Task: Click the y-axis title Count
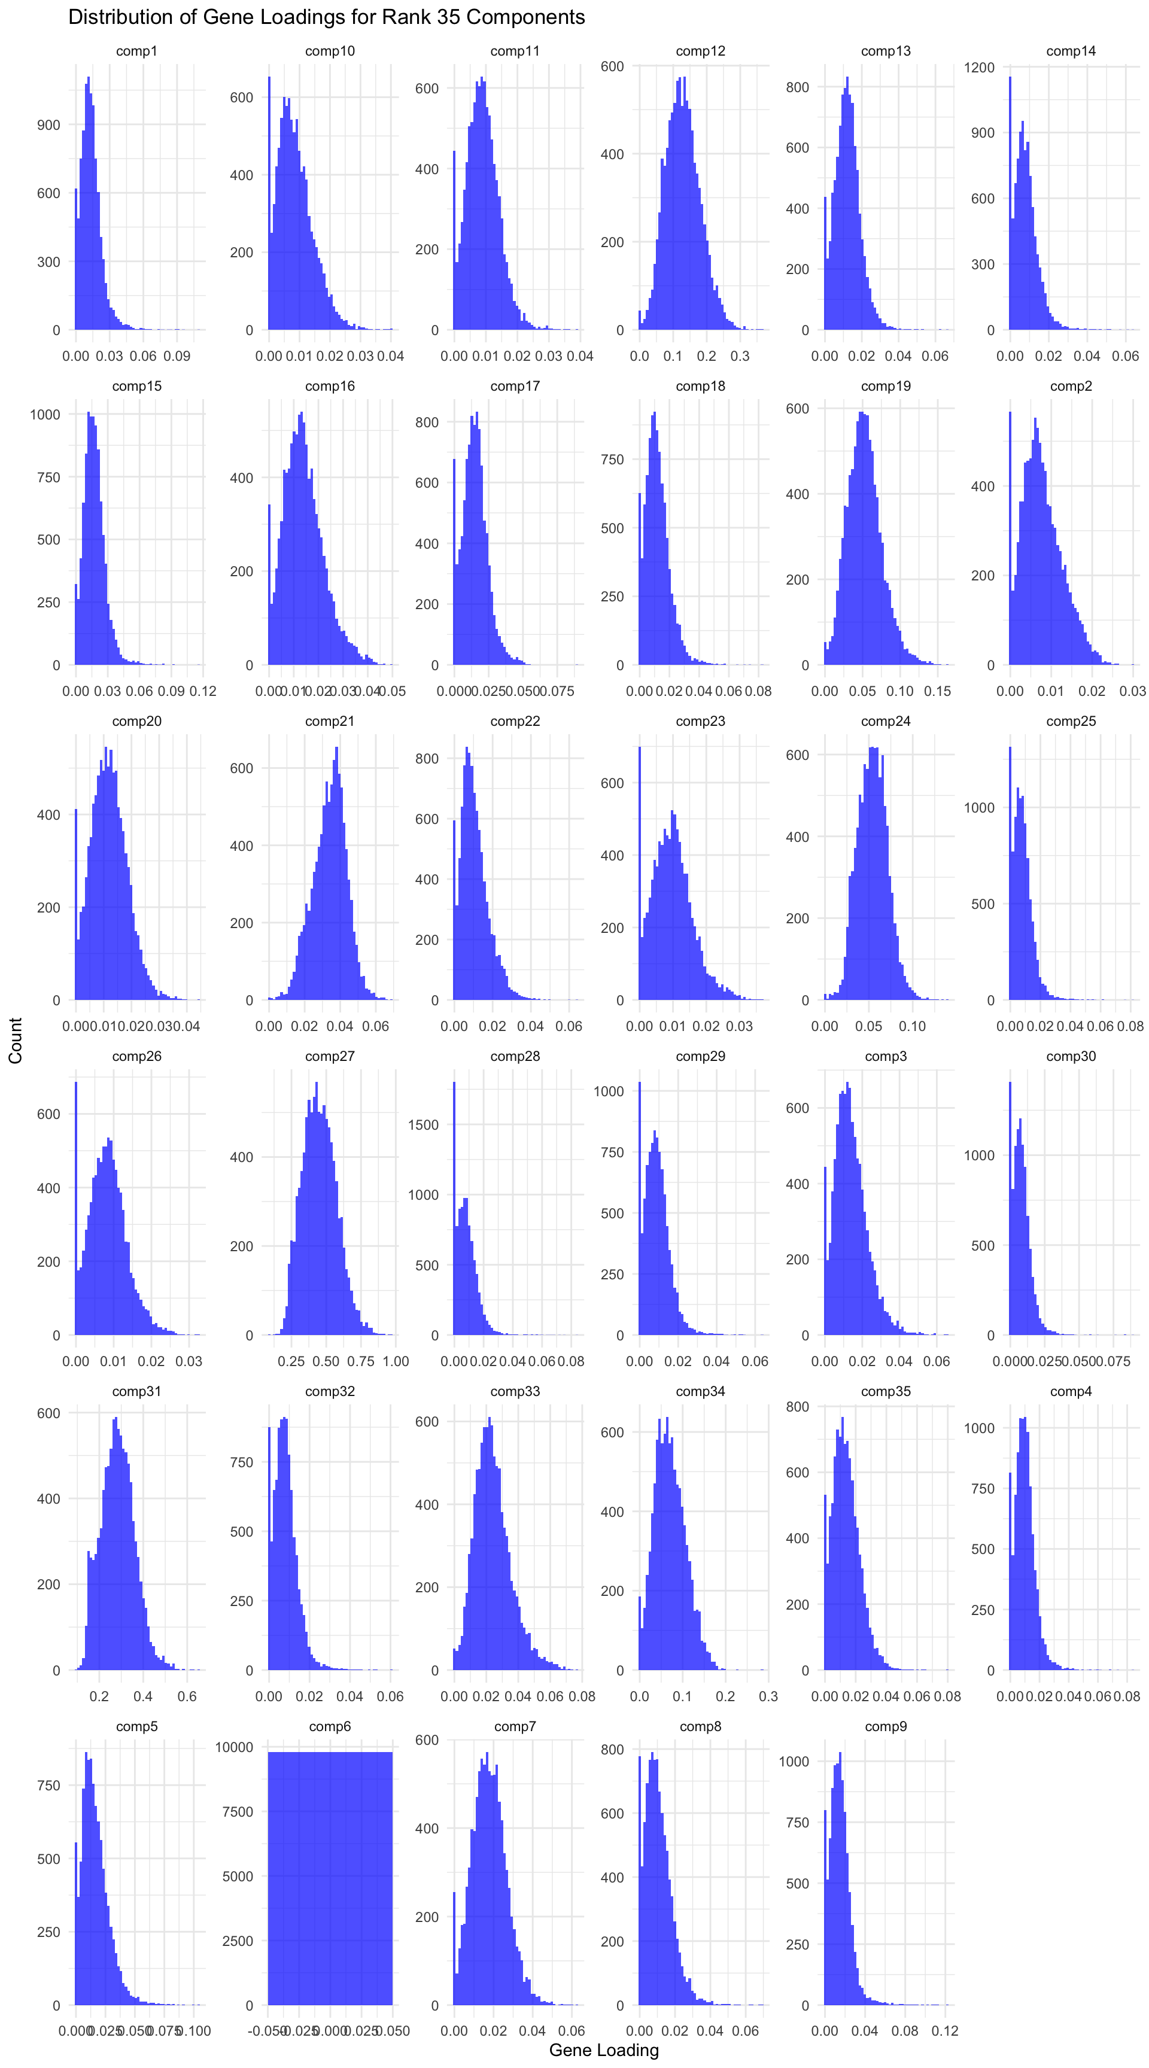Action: point(15,1041)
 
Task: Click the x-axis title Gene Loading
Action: point(604,2049)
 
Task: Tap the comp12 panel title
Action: point(700,51)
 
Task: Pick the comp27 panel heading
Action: point(329,1057)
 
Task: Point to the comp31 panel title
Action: point(136,1391)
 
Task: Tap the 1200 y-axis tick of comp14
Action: point(980,68)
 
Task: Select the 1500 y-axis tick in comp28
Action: point(423,1125)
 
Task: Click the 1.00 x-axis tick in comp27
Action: point(396,1361)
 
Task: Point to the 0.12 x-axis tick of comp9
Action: point(945,2031)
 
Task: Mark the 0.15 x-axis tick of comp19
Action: point(937,691)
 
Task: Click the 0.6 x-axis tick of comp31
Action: point(187,1696)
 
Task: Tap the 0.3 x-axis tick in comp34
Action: point(768,1696)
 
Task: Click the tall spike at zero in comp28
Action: point(454,1204)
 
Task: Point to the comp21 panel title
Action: point(329,721)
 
